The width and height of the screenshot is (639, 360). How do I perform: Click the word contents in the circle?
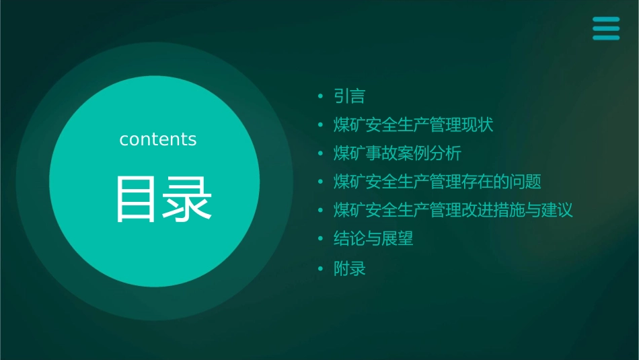click(158, 139)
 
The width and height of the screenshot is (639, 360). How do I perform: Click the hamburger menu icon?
click(605, 28)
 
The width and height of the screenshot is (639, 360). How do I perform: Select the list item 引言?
click(350, 96)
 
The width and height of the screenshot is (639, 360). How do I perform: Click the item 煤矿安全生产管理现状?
click(414, 125)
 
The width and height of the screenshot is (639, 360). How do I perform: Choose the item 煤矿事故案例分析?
click(398, 153)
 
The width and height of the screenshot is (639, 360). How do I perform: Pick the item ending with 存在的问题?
click(437, 182)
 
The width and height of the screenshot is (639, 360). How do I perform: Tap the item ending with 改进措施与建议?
click(453, 210)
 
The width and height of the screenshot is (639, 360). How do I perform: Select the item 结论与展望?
click(373, 238)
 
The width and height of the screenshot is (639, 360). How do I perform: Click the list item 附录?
click(350, 269)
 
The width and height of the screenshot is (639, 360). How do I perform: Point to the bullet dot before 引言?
click(321, 97)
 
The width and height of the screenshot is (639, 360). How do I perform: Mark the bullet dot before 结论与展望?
click(321, 239)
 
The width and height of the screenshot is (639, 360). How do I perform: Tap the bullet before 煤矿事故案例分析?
click(321, 154)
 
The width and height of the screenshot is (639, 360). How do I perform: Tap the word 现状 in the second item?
click(478, 125)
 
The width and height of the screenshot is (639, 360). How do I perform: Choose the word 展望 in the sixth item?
click(398, 238)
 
